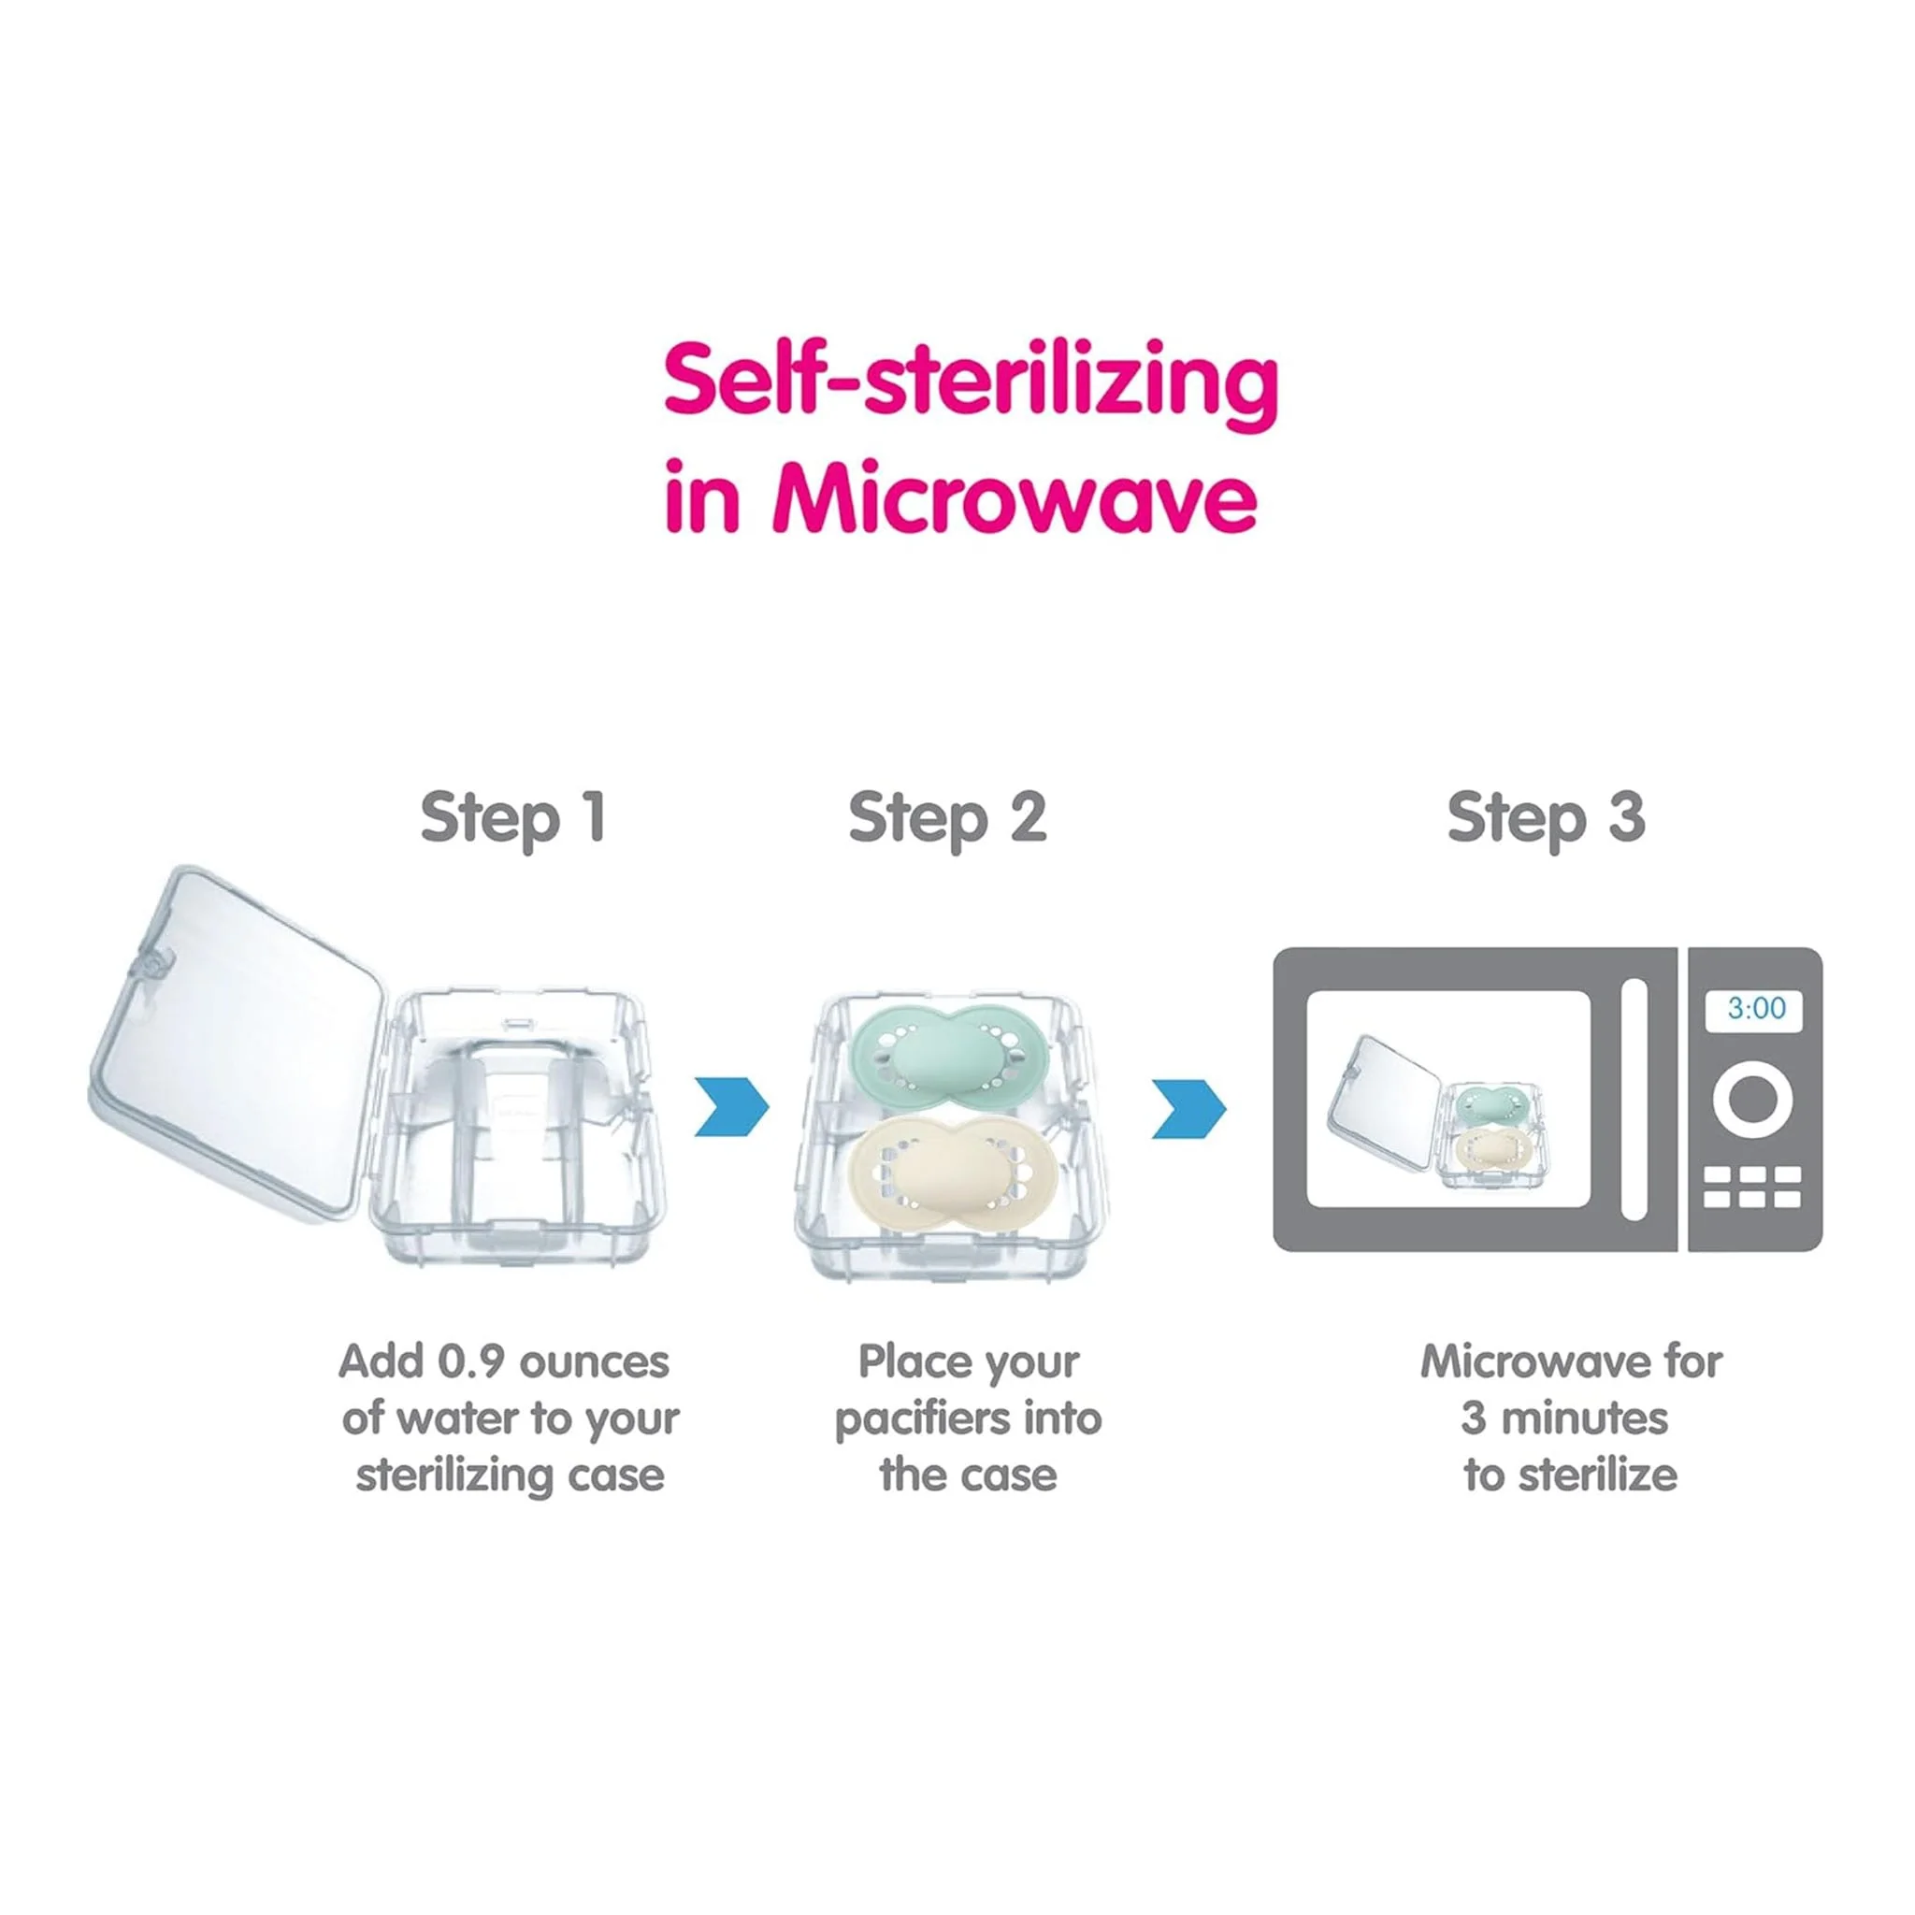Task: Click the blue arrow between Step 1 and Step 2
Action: pos(731,1106)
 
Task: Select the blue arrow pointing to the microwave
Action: pos(1188,1109)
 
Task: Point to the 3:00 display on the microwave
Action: pos(1756,1009)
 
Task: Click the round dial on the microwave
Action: pos(1752,1100)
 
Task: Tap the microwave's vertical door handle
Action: pos(1634,1101)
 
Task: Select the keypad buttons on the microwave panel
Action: pos(1752,1188)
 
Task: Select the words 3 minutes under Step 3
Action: pos(1565,1418)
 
